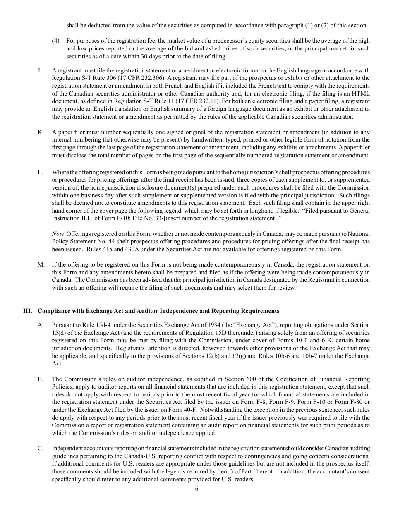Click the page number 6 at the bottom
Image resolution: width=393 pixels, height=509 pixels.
click(x=196, y=489)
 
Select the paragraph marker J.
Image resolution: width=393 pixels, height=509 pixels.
click(x=40, y=71)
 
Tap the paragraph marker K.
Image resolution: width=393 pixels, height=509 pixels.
click(x=40, y=132)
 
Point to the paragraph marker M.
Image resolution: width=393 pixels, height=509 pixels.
click(x=41, y=264)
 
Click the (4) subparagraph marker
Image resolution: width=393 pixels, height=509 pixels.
click(x=56, y=41)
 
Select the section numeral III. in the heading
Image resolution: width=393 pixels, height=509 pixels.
click(x=28, y=311)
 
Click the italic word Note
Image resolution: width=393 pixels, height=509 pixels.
click(x=58, y=234)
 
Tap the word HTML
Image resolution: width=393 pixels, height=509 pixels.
click(x=361, y=94)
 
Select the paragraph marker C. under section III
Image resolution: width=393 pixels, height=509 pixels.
click(x=40, y=448)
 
